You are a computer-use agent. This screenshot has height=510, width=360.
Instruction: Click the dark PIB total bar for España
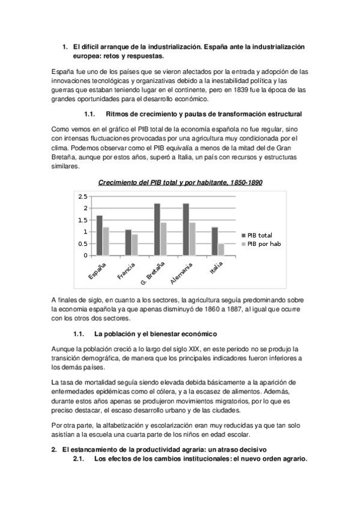[x=99, y=235]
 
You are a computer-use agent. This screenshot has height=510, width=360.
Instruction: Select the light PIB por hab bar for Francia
[x=134, y=245]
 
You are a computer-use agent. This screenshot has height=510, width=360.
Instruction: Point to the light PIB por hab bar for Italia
[x=221, y=249]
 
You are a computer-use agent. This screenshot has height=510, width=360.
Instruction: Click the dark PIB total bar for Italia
[x=215, y=241]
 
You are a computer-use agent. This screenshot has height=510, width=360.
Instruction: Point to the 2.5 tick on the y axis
[x=82, y=196]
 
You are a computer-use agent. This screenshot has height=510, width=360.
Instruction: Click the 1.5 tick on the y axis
[x=82, y=220]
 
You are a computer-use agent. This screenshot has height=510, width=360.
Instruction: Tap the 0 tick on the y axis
[x=85, y=256]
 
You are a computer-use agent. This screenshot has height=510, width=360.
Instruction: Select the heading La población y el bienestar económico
[x=156, y=334]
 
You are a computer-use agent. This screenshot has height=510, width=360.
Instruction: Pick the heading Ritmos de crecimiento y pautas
[x=195, y=114]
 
